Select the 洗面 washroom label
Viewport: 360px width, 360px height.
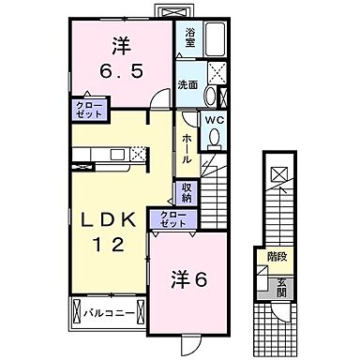[x=188, y=85]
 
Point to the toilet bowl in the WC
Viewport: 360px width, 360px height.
[x=215, y=138]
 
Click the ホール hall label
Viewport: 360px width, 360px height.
[x=187, y=147]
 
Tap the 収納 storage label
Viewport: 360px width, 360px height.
[x=187, y=193]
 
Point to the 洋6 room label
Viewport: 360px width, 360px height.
[x=187, y=278]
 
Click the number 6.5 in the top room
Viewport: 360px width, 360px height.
[x=121, y=71]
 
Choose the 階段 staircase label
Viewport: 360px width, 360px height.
[x=277, y=254]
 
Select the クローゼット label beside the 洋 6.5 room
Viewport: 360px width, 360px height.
[x=88, y=109]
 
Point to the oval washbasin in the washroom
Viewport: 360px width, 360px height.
[x=209, y=96]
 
